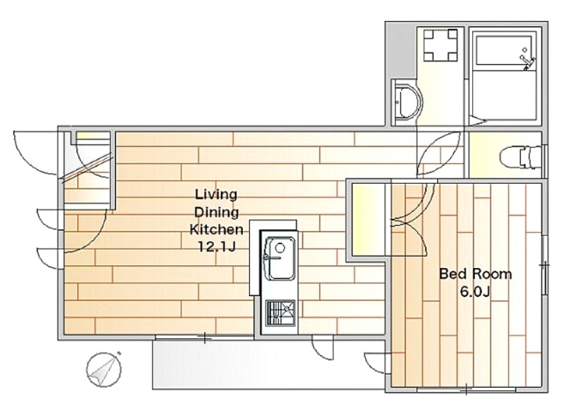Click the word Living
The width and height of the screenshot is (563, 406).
pos(216,196)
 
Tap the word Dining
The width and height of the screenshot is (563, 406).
pos(217,212)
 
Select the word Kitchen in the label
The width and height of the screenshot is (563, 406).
pos(217,229)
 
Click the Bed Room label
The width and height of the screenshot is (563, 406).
pos(476,274)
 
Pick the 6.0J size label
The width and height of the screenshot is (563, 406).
pos(474,292)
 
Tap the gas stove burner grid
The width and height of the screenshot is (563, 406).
pos(280,313)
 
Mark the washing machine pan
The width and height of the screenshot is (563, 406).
pos(441,46)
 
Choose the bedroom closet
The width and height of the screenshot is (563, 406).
pos(371,220)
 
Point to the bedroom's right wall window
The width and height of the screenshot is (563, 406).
pos(545,265)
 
